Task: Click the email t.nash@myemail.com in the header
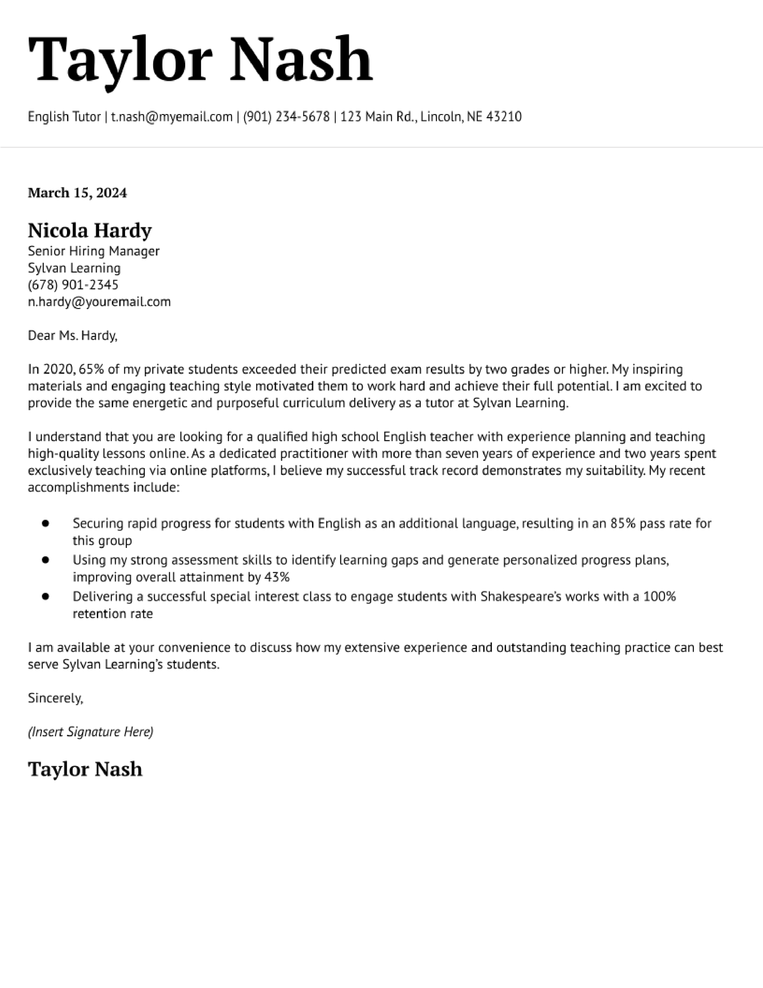click(x=171, y=117)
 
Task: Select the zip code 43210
click(x=504, y=117)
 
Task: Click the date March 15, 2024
click(x=77, y=193)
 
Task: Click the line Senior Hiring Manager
click(x=94, y=251)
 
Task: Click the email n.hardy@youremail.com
click(x=99, y=302)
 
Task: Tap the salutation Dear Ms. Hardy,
click(x=72, y=335)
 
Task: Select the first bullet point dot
click(x=45, y=523)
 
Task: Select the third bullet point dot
click(x=45, y=597)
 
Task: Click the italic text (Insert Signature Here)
click(x=90, y=732)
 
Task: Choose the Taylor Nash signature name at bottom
click(x=85, y=769)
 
